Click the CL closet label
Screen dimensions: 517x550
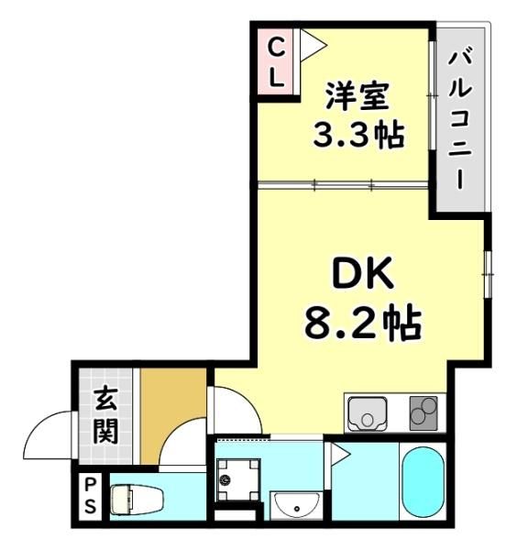pyautogui.click(x=276, y=62)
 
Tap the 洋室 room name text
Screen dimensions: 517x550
pyautogui.click(x=357, y=96)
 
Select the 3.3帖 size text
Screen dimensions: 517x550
pyautogui.click(x=358, y=135)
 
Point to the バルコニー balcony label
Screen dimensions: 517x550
pyautogui.click(x=459, y=120)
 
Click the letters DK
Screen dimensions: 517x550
pyautogui.click(x=362, y=273)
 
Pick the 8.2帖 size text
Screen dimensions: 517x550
pyautogui.click(x=363, y=323)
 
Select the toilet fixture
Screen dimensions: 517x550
pyautogui.click(x=137, y=498)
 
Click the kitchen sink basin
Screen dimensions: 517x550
pyautogui.click(x=367, y=413)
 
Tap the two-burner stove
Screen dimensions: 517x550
pyautogui.click(x=423, y=413)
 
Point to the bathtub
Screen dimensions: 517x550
pyautogui.click(x=423, y=482)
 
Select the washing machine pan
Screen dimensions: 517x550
pyautogui.click(x=237, y=480)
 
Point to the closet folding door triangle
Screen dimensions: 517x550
pyautogui.click(x=313, y=45)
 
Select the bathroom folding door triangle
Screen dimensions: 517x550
pyautogui.click(x=338, y=456)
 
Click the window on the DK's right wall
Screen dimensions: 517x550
pyautogui.click(x=489, y=274)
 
